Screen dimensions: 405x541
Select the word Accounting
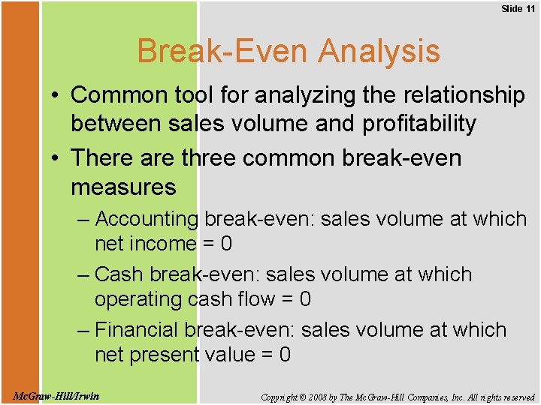click(147, 219)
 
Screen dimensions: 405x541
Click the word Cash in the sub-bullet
click(119, 274)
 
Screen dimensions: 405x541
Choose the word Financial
click(138, 330)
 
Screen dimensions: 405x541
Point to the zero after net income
click(226, 244)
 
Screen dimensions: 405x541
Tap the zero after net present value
click(284, 355)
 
